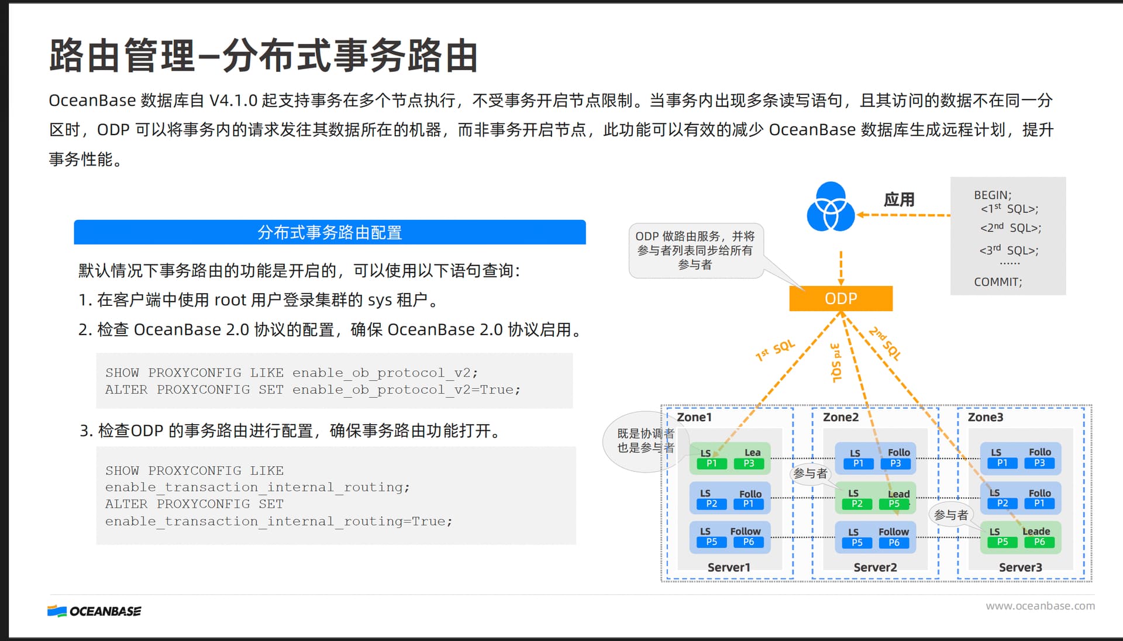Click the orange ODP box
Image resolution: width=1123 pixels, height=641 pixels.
[840, 298]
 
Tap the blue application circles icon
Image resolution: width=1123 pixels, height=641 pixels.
[831, 207]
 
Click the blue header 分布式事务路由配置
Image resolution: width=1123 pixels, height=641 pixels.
[329, 232]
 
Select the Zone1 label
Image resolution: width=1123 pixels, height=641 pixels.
[694, 417]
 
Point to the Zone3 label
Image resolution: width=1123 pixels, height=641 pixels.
[985, 417]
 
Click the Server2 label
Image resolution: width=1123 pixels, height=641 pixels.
[875, 567]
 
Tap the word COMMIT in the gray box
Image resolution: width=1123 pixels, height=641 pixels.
[997, 282]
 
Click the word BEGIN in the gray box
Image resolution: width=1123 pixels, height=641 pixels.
[991, 195]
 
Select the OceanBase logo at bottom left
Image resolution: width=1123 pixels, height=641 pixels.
[94, 611]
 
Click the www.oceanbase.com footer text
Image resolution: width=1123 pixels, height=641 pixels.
[1040, 606]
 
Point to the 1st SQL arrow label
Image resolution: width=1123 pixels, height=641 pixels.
[776, 350]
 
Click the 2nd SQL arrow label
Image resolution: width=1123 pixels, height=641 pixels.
[886, 343]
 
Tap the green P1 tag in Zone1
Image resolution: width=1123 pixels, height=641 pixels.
[711, 464]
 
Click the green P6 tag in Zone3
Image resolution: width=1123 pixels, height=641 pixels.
[1039, 542]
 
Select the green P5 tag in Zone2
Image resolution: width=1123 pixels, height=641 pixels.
[894, 504]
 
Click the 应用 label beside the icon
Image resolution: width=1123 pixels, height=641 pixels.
[899, 199]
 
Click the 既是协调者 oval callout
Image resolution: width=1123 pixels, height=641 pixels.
[643, 440]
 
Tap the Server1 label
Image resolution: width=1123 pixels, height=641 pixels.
[729, 567]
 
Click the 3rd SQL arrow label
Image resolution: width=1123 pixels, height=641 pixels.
[836, 363]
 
